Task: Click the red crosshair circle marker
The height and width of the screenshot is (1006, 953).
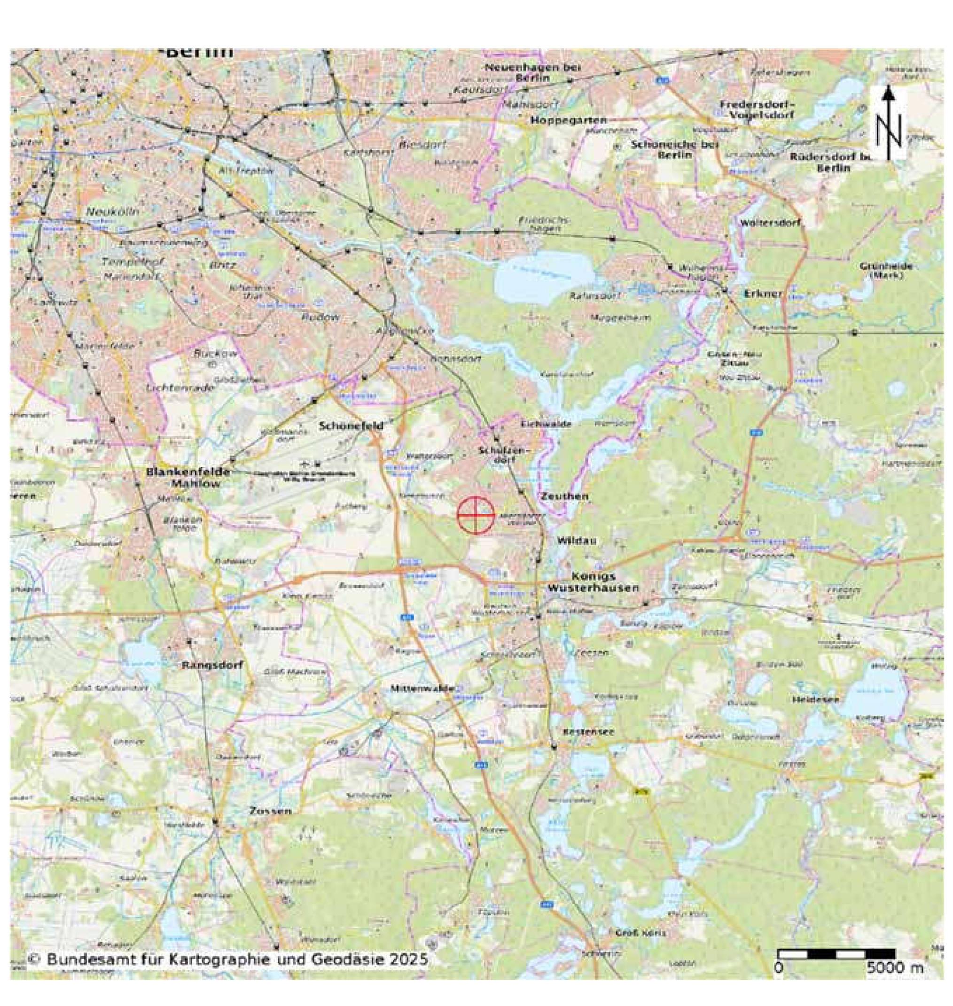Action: tap(475, 515)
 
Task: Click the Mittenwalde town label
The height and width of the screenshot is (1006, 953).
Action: tap(422, 689)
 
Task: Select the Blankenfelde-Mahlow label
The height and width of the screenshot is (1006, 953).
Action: tap(188, 477)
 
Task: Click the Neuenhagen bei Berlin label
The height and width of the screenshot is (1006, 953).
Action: tap(532, 73)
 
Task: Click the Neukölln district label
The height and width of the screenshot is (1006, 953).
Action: tap(112, 211)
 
